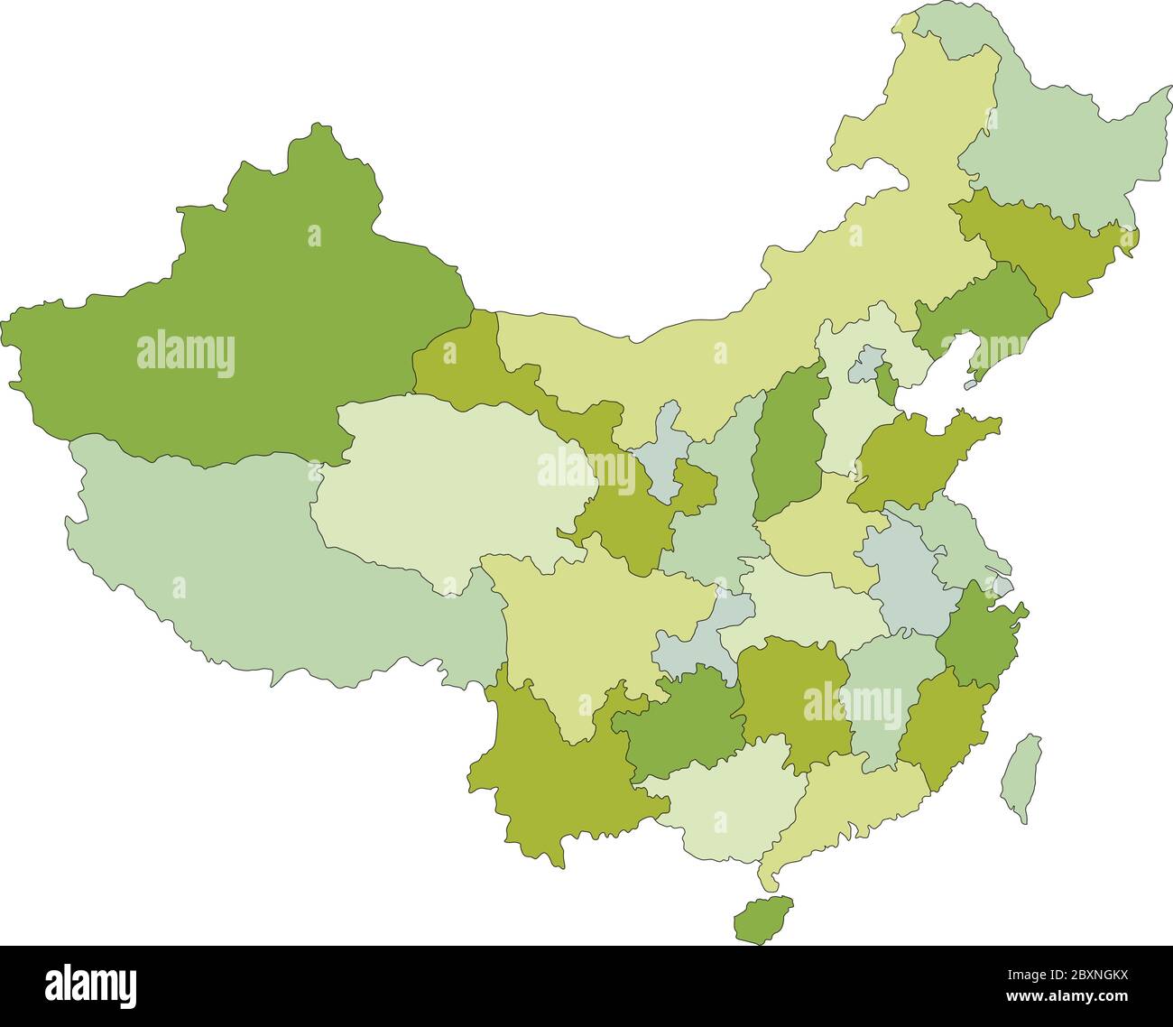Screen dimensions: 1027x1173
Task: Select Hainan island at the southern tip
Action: tap(762, 920)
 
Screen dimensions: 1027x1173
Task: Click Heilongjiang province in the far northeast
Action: tap(1065, 144)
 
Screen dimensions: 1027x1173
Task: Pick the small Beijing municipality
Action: tap(867, 362)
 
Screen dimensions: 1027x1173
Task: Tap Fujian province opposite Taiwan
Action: tap(943, 722)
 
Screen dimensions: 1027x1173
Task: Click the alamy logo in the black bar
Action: tap(91, 985)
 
